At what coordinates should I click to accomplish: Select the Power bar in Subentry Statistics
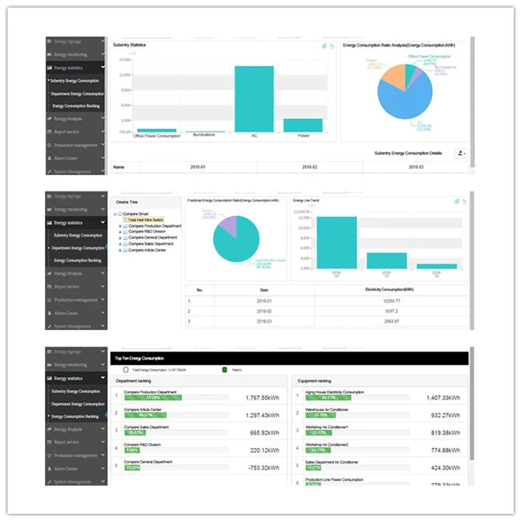pyautogui.click(x=303, y=125)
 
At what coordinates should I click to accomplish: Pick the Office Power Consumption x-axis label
pyautogui.click(x=157, y=136)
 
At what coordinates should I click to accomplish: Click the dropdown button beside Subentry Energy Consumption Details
pyautogui.click(x=460, y=153)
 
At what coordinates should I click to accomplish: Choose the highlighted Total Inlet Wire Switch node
pyautogui.click(x=146, y=220)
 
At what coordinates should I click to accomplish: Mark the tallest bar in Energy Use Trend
pyautogui.click(x=337, y=243)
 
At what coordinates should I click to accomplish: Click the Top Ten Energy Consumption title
pyautogui.click(x=139, y=358)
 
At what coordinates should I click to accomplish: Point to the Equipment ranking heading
pyautogui.click(x=314, y=381)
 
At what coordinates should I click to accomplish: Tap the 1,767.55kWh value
pyautogui.click(x=262, y=398)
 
